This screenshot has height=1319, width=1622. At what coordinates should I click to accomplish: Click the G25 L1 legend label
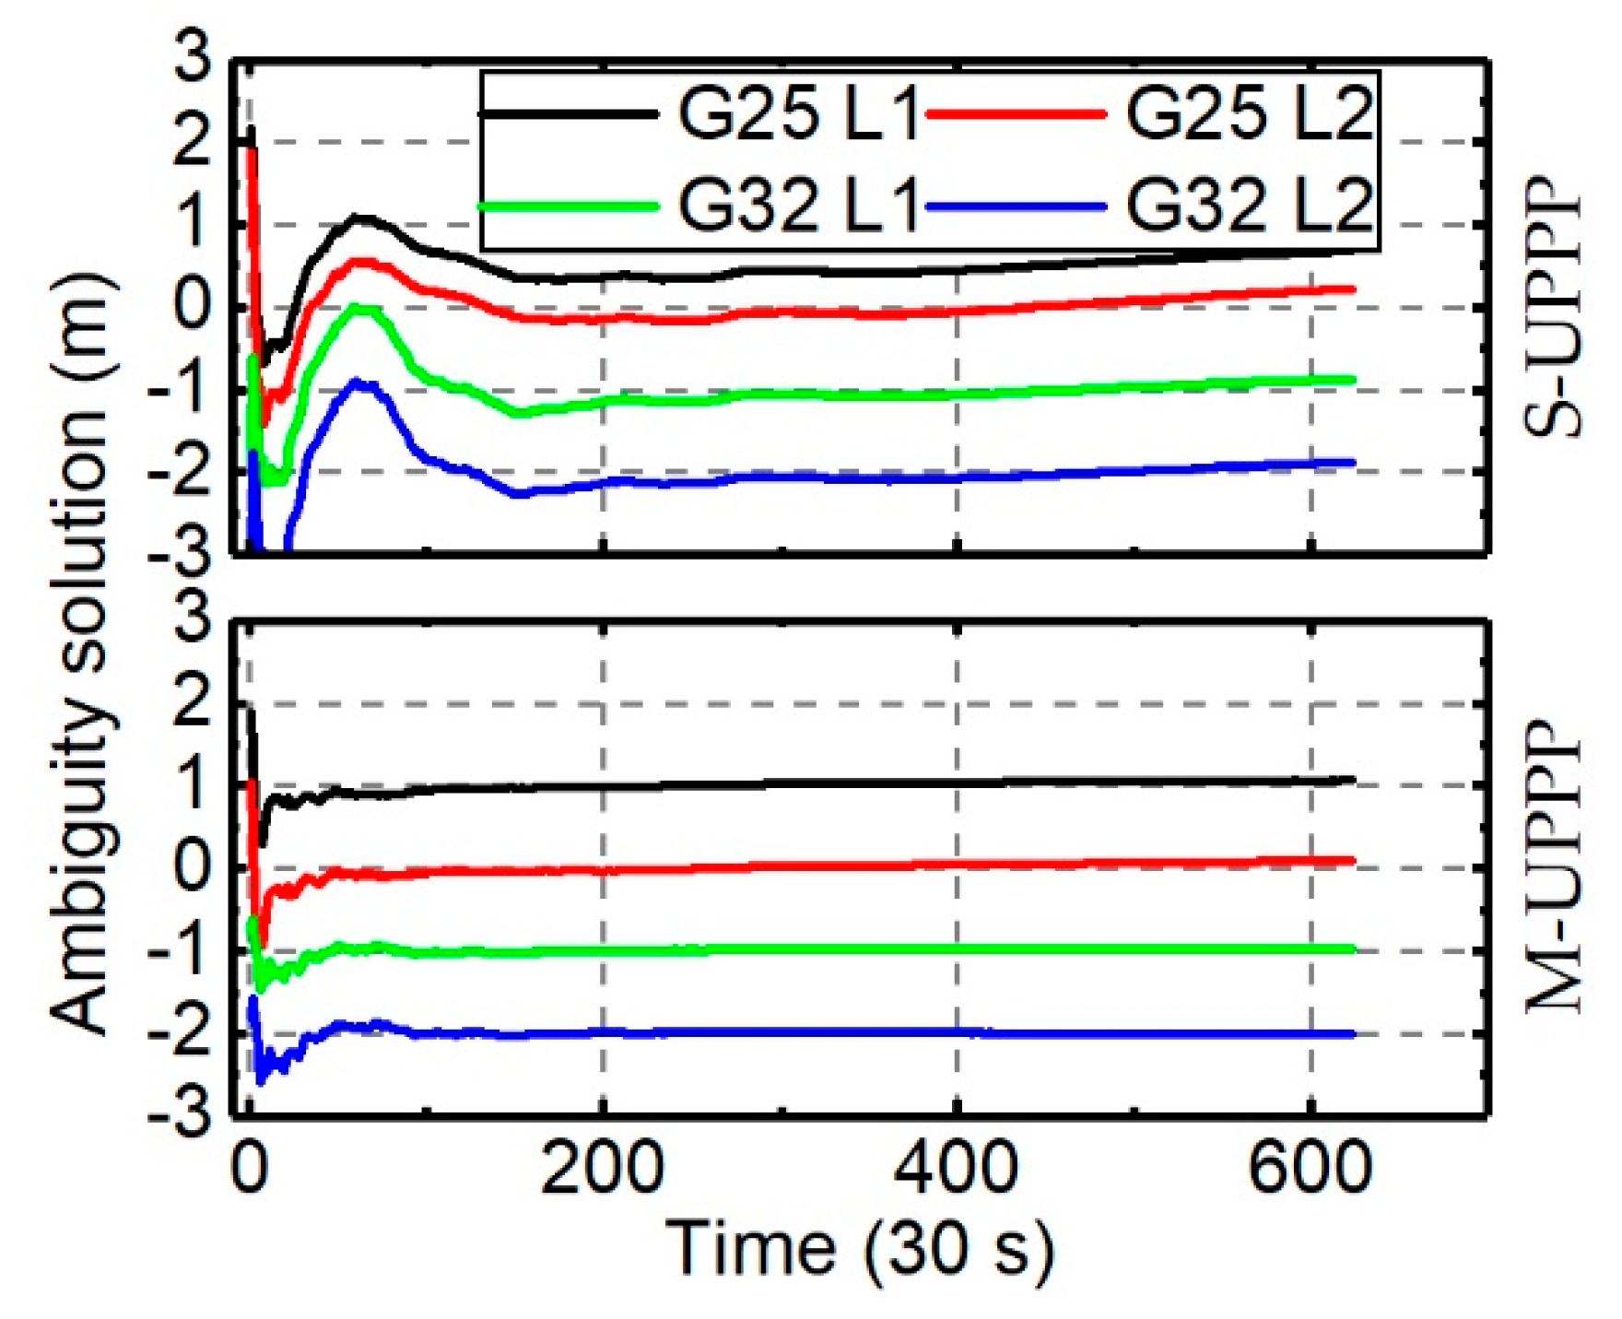pyautogui.click(x=798, y=116)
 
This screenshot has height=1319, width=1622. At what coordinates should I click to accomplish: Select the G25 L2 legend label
pyautogui.click(x=1249, y=116)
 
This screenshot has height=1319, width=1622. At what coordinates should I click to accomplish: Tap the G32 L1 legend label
pyautogui.click(x=798, y=206)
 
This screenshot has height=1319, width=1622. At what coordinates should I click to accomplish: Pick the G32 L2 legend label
pyautogui.click(x=1249, y=206)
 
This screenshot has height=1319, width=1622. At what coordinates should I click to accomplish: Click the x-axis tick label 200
pyautogui.click(x=602, y=1169)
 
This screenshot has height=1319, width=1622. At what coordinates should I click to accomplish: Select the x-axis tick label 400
pyautogui.click(x=957, y=1169)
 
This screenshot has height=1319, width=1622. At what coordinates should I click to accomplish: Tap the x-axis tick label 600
pyautogui.click(x=1310, y=1169)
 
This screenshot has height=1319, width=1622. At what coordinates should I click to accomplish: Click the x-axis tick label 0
pyautogui.click(x=249, y=1169)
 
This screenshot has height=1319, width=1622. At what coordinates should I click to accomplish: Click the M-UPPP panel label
pyautogui.click(x=1554, y=866)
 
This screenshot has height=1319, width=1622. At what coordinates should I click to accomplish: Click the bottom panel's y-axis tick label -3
pyautogui.click(x=181, y=1116)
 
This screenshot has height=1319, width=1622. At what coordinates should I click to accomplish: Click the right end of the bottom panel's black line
pyautogui.click(x=1353, y=780)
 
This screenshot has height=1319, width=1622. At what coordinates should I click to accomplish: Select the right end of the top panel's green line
pyautogui.click(x=1353, y=379)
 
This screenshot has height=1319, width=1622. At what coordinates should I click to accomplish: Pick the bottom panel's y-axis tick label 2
pyautogui.click(x=194, y=704)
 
